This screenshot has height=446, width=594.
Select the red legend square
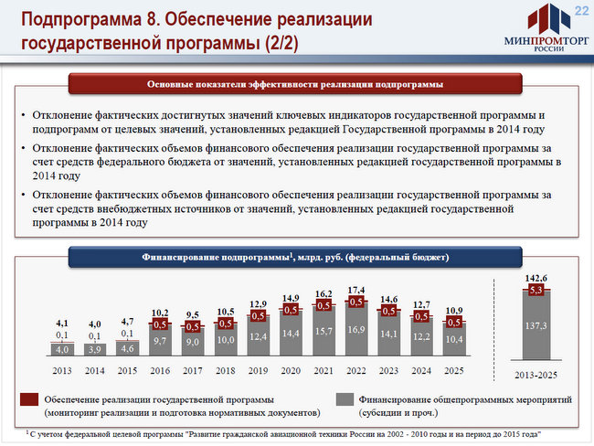pos(27,399)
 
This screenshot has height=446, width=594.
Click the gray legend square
pos(344,399)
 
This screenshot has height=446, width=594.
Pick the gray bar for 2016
pos(160,340)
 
